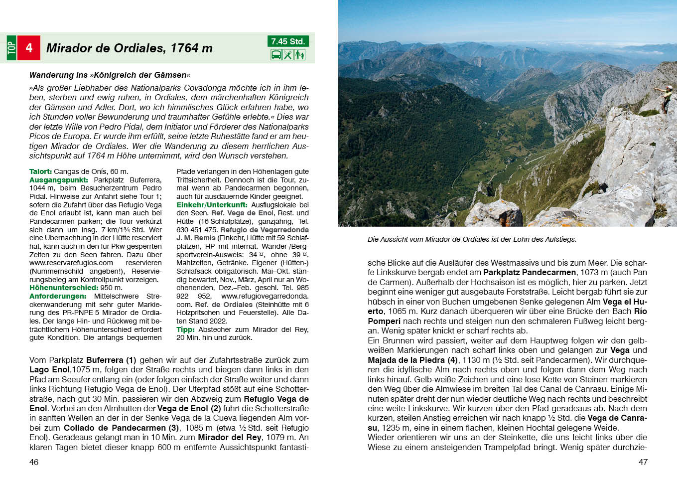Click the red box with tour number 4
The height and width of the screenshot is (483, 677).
[29, 48]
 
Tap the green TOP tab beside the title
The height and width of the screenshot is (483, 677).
[11, 48]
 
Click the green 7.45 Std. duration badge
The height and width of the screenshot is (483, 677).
[288, 41]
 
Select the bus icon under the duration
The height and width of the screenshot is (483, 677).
[276, 55]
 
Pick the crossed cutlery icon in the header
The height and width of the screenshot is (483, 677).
[288, 55]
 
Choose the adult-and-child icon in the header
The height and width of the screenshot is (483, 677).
[300, 55]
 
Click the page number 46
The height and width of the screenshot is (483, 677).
[34, 462]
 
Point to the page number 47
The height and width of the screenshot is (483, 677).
[643, 462]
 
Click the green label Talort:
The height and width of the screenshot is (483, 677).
[40, 171]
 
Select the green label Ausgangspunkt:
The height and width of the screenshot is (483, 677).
[58, 180]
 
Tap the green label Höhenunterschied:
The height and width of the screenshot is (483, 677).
[64, 288]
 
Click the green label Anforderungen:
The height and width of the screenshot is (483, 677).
[58, 296]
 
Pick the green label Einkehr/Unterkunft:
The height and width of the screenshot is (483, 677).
[212, 205]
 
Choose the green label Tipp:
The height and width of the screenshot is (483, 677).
[185, 329]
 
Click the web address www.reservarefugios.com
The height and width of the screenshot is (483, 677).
[71, 263]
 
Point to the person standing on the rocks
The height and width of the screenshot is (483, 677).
[665, 98]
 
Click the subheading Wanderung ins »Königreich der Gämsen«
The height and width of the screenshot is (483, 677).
[110, 75]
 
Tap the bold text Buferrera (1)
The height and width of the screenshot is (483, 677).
[111, 360]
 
